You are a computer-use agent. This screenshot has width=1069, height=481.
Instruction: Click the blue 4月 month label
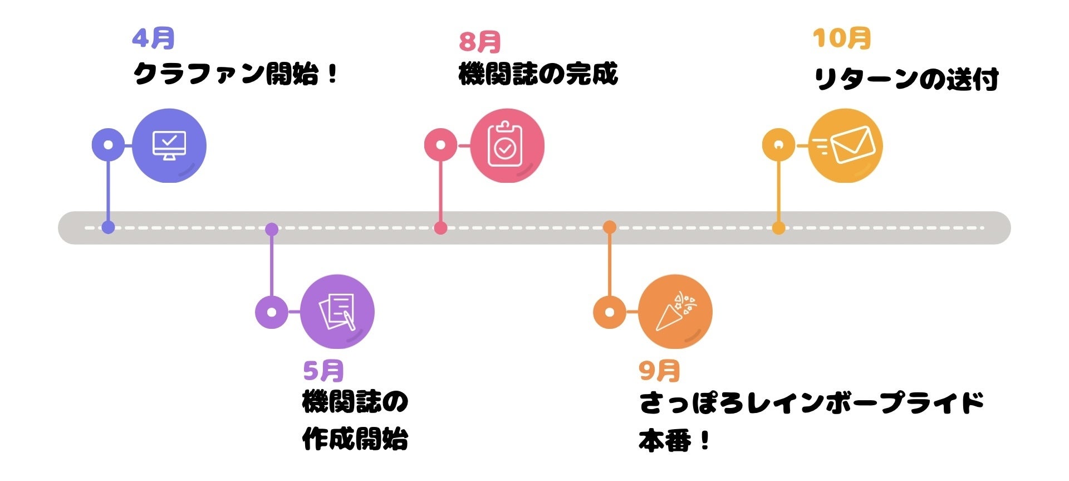click(x=153, y=38)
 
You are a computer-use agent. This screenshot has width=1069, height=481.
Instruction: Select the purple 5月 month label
click(x=323, y=370)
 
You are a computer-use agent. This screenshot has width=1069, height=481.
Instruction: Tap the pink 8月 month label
click(x=479, y=41)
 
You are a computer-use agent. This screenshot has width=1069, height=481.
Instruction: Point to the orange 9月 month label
click(x=659, y=370)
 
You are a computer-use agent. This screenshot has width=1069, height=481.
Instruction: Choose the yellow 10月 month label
click(x=841, y=38)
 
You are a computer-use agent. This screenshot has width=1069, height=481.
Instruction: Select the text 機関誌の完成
click(x=538, y=74)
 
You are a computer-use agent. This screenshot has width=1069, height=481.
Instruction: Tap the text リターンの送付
click(x=906, y=79)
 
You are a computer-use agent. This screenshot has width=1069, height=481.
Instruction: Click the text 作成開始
click(x=355, y=439)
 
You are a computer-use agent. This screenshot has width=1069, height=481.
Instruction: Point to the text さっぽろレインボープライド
click(x=811, y=402)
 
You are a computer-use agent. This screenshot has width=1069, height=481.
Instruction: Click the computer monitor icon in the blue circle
click(x=169, y=145)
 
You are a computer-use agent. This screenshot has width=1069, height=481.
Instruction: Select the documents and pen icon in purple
click(x=337, y=312)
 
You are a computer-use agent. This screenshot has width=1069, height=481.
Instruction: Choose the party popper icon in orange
click(x=675, y=312)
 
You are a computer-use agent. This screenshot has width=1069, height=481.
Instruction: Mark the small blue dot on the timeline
click(x=109, y=227)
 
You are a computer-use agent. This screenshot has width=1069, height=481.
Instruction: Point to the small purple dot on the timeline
click(x=272, y=229)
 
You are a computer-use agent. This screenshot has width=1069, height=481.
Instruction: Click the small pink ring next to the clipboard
click(x=441, y=145)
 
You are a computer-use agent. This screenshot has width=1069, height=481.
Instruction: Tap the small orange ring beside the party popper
click(x=610, y=312)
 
